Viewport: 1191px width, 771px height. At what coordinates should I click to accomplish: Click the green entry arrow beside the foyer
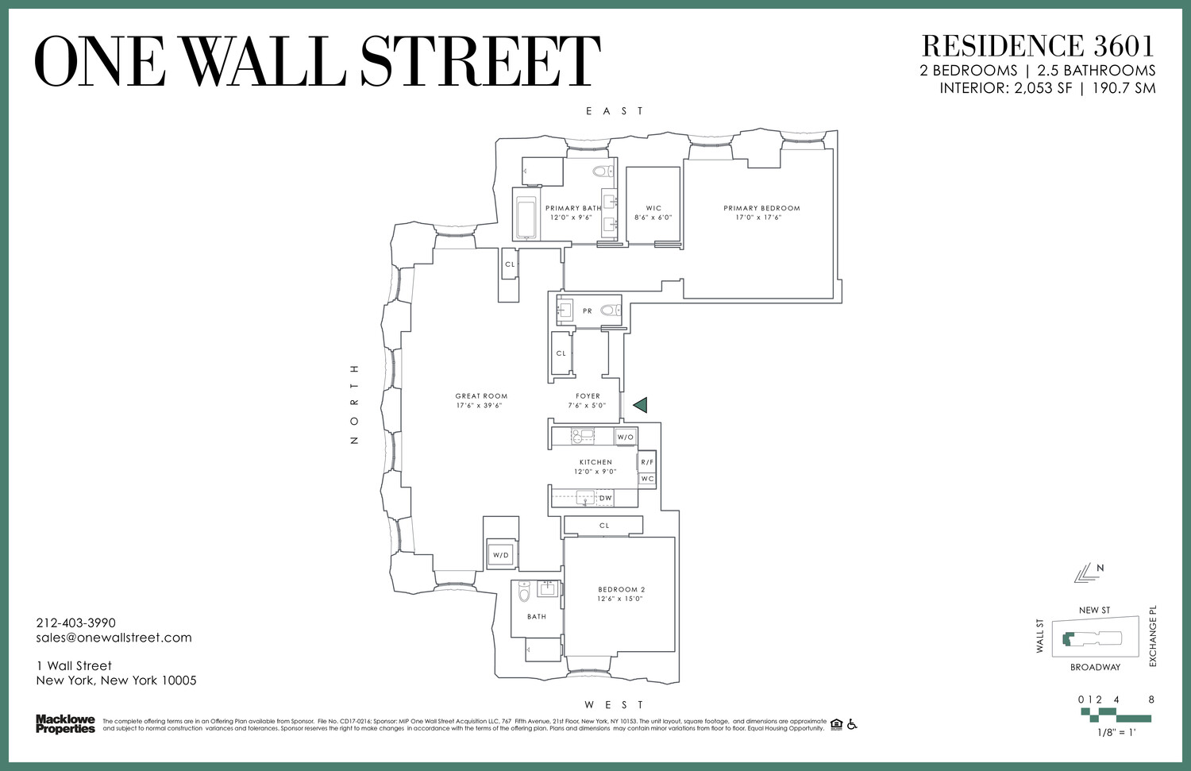point(641,405)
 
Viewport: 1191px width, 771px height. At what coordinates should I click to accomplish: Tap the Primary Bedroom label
point(761,208)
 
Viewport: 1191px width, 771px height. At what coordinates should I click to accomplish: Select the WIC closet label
point(653,208)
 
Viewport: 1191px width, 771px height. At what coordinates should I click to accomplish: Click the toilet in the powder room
point(610,310)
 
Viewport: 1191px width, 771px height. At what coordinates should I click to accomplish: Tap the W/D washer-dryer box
point(501,555)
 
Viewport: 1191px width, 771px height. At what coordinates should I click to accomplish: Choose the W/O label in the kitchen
point(626,437)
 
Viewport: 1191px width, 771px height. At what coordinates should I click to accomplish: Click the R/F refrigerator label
point(647,462)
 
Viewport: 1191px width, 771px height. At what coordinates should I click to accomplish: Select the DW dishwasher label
point(606,499)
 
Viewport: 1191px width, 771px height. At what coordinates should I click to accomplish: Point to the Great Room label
point(481,396)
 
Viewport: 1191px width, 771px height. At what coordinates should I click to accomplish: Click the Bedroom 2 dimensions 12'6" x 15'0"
point(620,599)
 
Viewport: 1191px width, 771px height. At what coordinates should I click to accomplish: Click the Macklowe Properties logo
point(65,724)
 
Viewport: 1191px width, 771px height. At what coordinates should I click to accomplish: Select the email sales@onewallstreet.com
point(114,638)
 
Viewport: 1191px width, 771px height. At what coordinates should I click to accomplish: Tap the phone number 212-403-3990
point(75,623)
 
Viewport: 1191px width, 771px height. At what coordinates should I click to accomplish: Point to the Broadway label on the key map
point(1095,667)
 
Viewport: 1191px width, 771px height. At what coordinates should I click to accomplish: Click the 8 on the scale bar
point(1151,700)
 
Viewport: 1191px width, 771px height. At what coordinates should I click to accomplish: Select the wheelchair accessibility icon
point(852,723)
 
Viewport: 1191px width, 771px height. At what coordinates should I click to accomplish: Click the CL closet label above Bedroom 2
point(604,526)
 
